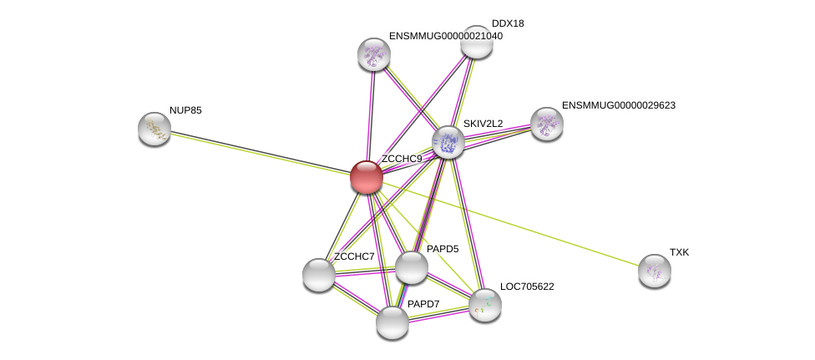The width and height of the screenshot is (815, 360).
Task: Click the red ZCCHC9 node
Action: [366, 177]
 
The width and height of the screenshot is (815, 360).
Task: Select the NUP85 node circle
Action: [154, 128]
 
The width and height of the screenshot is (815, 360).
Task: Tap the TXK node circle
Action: [654, 270]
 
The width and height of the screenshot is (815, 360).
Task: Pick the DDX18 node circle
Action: [476, 42]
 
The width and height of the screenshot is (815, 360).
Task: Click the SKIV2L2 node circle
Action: [448, 141]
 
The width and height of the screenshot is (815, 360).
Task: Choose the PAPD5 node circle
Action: [411, 267]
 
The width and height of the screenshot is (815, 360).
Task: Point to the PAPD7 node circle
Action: [392, 322]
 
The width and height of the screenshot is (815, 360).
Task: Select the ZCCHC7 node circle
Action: [318, 274]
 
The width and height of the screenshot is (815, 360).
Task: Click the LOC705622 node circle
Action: [484, 304]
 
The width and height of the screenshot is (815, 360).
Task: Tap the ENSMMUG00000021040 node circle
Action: [373, 54]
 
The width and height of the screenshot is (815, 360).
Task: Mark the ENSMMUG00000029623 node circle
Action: [546, 124]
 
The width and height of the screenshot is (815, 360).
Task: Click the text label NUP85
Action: [185, 110]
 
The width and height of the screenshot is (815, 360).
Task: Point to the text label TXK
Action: [679, 252]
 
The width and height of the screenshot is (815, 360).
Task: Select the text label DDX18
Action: [508, 23]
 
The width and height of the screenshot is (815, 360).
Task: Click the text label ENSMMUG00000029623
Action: [618, 105]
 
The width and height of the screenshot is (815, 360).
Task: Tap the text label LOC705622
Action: [527, 286]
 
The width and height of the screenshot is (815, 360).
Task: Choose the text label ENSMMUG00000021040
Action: [445, 36]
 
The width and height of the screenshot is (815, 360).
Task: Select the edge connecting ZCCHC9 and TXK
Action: [509, 223]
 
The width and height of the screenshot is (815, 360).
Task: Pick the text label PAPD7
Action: [423, 304]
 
